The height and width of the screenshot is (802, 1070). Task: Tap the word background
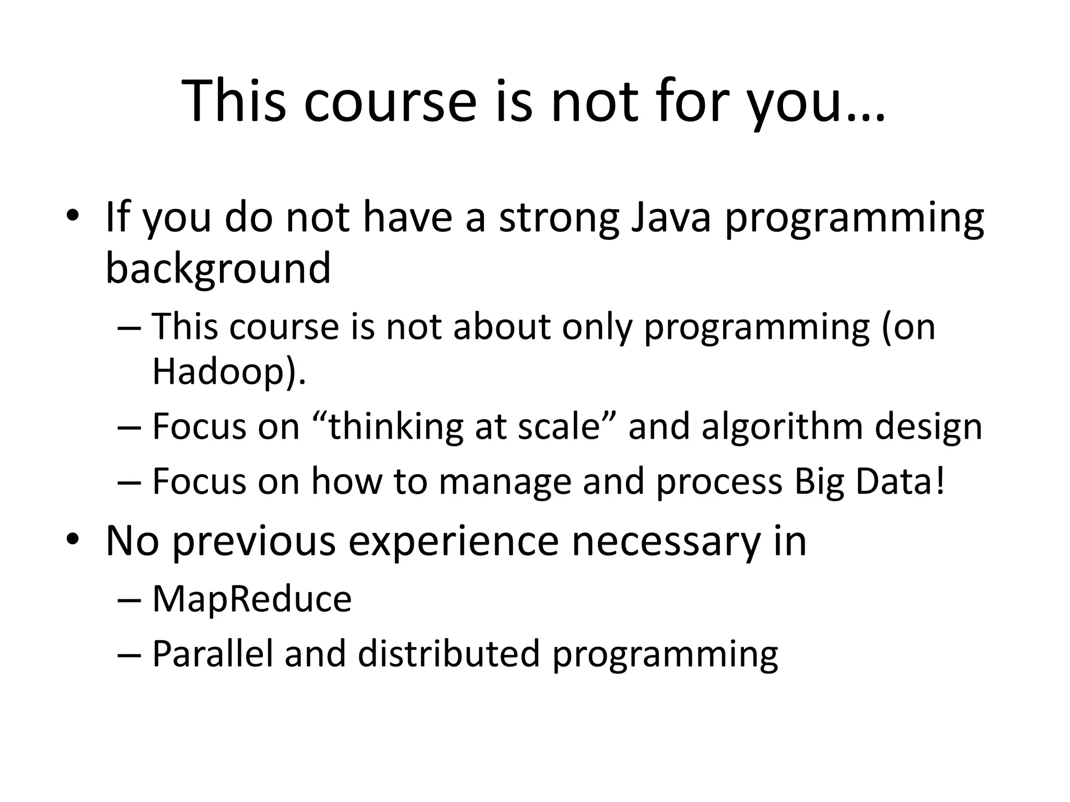coord(218,268)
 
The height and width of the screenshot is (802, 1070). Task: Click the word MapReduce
coord(252,599)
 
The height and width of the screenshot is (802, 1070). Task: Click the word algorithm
coord(782,427)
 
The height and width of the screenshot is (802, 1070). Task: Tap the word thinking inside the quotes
coord(396,428)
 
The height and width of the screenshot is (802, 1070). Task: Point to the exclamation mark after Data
coord(940,481)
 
